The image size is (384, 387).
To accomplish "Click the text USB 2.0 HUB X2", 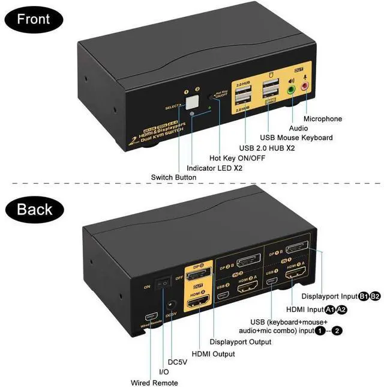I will tap(268, 148).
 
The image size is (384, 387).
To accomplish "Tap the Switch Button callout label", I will tap(173, 178).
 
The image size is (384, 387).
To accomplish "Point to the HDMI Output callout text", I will tap(213, 355).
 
